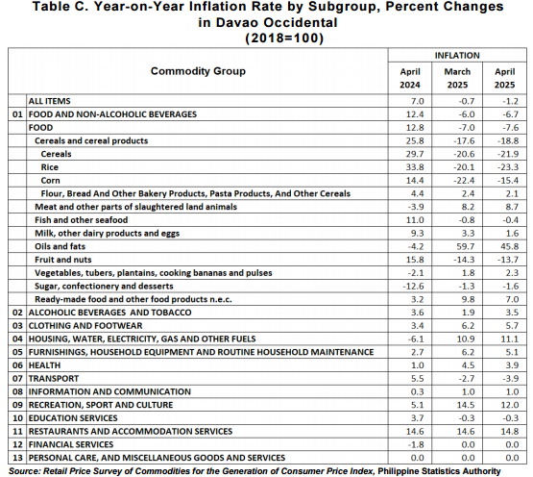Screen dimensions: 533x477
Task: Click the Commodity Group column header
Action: pyautogui.click(x=198, y=71)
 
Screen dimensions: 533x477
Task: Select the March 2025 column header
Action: pyautogui.click(x=457, y=78)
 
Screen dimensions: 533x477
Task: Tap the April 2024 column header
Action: pyautogui.click(x=410, y=78)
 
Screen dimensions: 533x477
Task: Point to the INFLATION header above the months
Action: pyautogui.click(x=457, y=56)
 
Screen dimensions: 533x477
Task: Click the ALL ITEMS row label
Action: pyautogui.click(x=49, y=101)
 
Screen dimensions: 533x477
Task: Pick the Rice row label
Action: pyautogui.click(x=50, y=167)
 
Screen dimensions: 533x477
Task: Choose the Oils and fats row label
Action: pyautogui.click(x=60, y=246)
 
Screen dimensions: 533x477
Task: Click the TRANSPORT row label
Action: pyautogui.click(x=54, y=379)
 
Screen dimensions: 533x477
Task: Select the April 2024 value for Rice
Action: pyautogui.click(x=415, y=167)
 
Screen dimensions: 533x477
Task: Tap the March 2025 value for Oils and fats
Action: pyautogui.click(x=466, y=246)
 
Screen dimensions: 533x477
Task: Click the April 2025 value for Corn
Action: pyautogui.click(x=508, y=181)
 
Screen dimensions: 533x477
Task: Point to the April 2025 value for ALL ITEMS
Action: pyautogui.click(x=511, y=101)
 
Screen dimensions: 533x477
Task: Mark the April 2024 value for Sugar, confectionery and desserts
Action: pyautogui.click(x=413, y=286)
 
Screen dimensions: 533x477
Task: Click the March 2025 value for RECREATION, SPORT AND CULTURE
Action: pyautogui.click(x=466, y=405)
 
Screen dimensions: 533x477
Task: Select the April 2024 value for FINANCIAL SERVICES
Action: pyautogui.click(x=416, y=444)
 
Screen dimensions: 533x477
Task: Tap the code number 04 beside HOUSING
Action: pyautogui.click(x=17, y=339)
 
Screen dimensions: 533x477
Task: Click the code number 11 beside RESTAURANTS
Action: pyautogui.click(x=17, y=432)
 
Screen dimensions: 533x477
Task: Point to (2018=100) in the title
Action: pyautogui.click(x=284, y=38)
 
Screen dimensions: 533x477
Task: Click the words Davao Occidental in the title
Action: pyautogui.click(x=277, y=22)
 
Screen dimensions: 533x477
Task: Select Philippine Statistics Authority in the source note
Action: pyautogui.click(x=439, y=471)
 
